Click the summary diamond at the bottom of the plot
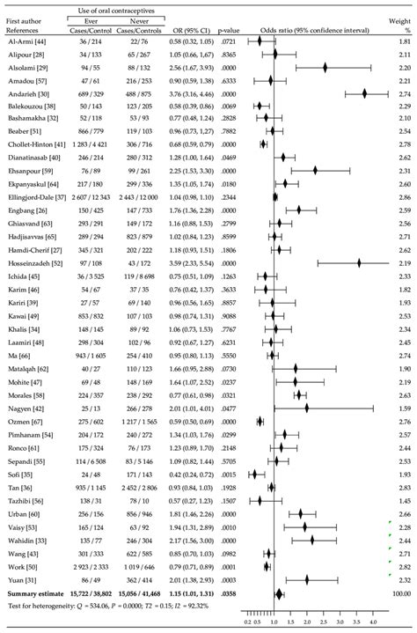tap(279, 594)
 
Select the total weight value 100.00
tap(399, 594)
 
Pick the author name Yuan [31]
tap(20, 581)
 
